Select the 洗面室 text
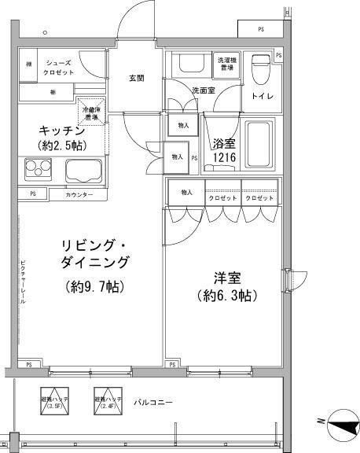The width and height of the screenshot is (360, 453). click(x=204, y=91)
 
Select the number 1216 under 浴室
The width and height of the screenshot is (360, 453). click(x=224, y=157)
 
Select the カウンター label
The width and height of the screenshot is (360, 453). click(x=79, y=194)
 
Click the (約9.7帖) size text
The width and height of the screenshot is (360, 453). click(x=94, y=285)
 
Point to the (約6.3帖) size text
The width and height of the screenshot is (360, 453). click(x=226, y=296)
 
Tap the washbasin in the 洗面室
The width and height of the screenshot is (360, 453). click(x=187, y=64)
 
